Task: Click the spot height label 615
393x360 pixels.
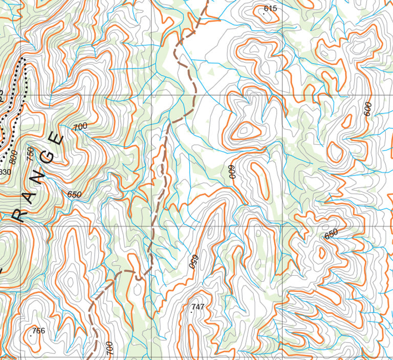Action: pyautogui.click(x=270, y=8)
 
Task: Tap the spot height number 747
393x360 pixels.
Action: pyautogui.click(x=198, y=307)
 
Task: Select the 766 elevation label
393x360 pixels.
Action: pyautogui.click(x=38, y=331)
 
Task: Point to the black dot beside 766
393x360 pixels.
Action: pyautogui.click(x=32, y=335)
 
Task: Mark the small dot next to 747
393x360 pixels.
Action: pyautogui.click(x=191, y=311)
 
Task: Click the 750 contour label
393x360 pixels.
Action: pyautogui.click(x=30, y=152)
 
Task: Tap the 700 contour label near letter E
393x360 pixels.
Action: pyautogui.click(x=80, y=126)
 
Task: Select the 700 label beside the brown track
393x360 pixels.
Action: pyautogui.click(x=109, y=348)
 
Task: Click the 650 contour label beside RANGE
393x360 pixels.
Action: pyautogui.click(x=74, y=194)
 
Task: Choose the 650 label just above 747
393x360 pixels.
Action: pyautogui.click(x=193, y=261)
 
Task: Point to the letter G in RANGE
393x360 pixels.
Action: pyautogui.click(x=47, y=157)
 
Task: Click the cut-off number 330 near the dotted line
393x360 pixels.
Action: pyautogui.click(x=5, y=172)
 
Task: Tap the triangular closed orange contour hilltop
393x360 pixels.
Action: pyautogui.click(x=245, y=131)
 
